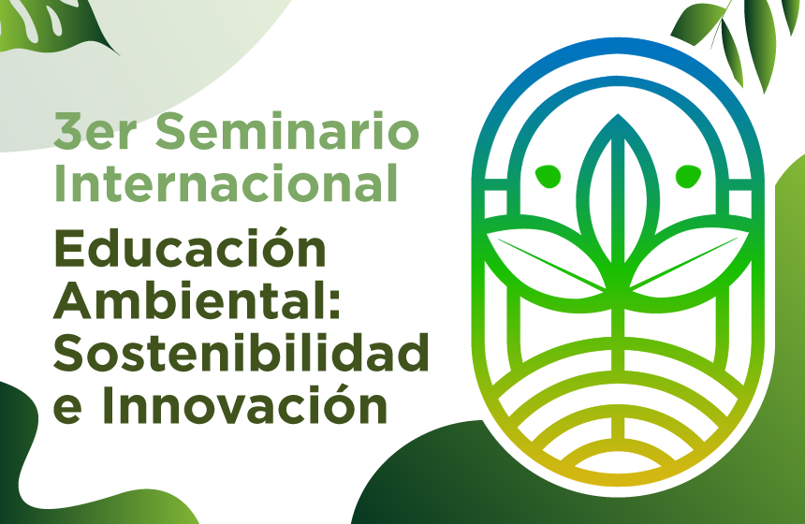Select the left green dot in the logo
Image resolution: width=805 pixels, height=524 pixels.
[x=547, y=174]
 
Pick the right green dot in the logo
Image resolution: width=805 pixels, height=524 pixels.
[x=688, y=174]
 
